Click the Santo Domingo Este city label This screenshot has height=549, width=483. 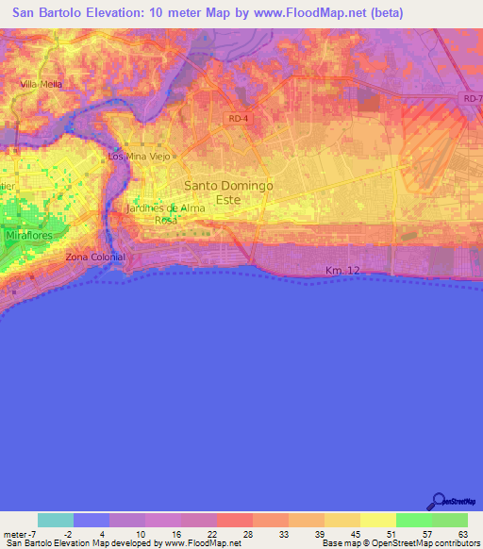pos(228,192)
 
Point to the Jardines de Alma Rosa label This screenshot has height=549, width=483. pos(166,213)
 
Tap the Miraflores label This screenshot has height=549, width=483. pos(30,234)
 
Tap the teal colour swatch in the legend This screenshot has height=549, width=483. pos(56,520)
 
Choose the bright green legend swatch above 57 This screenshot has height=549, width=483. pos(414,520)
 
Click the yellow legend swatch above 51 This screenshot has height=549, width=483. pos(378,520)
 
